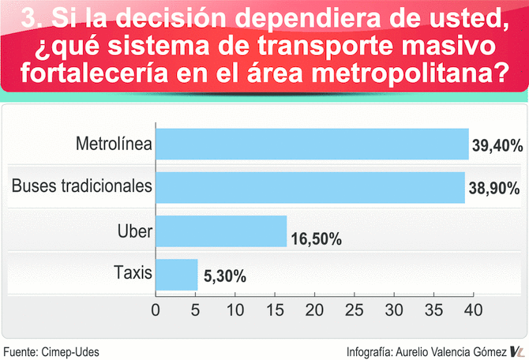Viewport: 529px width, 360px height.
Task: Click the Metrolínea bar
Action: tap(312, 144)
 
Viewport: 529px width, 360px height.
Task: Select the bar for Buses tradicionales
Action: tap(310, 187)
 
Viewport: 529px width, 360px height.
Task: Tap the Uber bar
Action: tap(221, 231)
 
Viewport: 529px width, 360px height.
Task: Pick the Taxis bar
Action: tap(177, 275)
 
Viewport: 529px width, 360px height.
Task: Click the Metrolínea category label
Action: tap(114, 144)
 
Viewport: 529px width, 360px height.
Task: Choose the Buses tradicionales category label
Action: tap(81, 187)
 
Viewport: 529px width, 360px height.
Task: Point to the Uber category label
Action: tap(134, 231)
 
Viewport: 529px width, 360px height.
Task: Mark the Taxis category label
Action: tap(132, 275)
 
